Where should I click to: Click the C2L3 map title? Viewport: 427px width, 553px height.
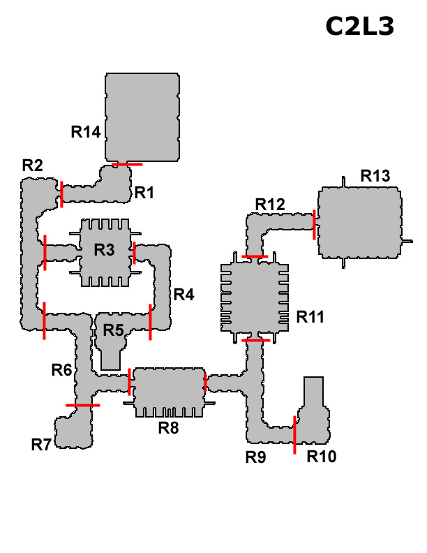click(x=359, y=27)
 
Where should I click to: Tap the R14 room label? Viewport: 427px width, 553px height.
click(x=86, y=132)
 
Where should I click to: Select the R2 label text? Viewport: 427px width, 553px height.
click(x=32, y=165)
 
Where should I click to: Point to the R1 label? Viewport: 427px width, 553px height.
click(x=144, y=193)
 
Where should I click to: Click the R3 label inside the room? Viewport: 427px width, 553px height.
click(x=104, y=250)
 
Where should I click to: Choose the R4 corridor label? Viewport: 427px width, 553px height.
click(x=184, y=294)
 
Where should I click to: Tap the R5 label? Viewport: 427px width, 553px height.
click(x=114, y=330)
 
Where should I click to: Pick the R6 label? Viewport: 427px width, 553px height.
click(x=61, y=370)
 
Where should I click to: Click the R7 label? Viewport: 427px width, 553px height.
click(x=41, y=445)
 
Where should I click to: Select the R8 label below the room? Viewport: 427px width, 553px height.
click(x=168, y=428)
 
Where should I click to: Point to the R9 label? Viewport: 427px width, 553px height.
click(x=256, y=457)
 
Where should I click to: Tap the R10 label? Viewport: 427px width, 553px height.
click(x=322, y=457)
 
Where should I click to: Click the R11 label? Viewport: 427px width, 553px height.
click(x=310, y=317)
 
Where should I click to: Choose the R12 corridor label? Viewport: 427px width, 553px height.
click(x=270, y=205)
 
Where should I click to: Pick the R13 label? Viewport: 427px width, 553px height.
click(x=375, y=176)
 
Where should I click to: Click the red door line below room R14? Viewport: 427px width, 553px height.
click(x=127, y=164)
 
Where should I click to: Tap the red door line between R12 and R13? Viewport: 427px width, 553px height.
click(x=314, y=225)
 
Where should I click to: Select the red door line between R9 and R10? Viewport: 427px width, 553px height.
click(x=294, y=435)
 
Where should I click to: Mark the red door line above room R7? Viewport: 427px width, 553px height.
click(x=83, y=405)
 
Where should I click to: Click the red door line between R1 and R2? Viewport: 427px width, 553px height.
click(x=61, y=194)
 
